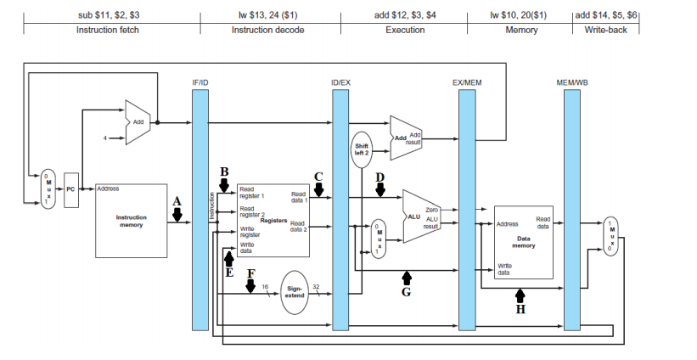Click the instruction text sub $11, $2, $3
pos(109,15)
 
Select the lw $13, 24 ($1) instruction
pos(267,15)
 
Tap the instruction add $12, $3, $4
pos(405,15)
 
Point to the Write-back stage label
pos(608,30)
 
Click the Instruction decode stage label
pos(267,30)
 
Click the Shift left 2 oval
pos(362,148)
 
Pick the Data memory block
pos(523,241)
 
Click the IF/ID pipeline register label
pos(200,82)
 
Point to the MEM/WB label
pos(571,82)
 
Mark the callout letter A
pos(177,201)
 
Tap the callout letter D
pos(380,177)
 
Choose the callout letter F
pos(250,274)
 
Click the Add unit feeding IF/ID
pos(138,122)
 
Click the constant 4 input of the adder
pos(106,138)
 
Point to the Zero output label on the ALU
pos(430,209)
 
